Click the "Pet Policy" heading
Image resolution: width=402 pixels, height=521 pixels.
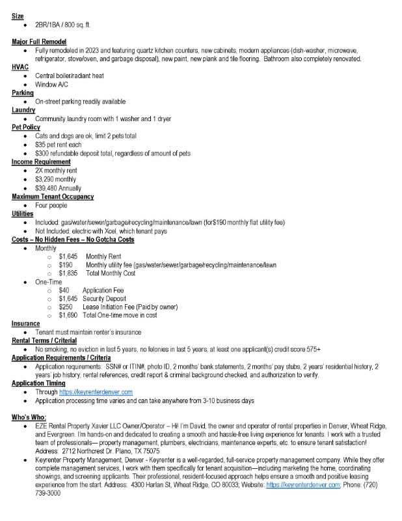pyautogui.click(x=26, y=127)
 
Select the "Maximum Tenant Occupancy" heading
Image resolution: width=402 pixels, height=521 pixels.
pyautogui.click(x=53, y=196)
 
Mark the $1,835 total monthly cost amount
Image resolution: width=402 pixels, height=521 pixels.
pyautogui.click(x=69, y=274)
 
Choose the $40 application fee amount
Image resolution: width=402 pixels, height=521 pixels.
pyautogui.click(x=64, y=290)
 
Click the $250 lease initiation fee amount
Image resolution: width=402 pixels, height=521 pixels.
pyautogui.click(x=66, y=307)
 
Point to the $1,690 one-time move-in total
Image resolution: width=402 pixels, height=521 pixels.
pyautogui.click(x=68, y=315)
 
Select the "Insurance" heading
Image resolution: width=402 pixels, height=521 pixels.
pyautogui.click(x=26, y=324)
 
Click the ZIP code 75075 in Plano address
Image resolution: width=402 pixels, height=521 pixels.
pyautogui.click(x=150, y=451)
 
